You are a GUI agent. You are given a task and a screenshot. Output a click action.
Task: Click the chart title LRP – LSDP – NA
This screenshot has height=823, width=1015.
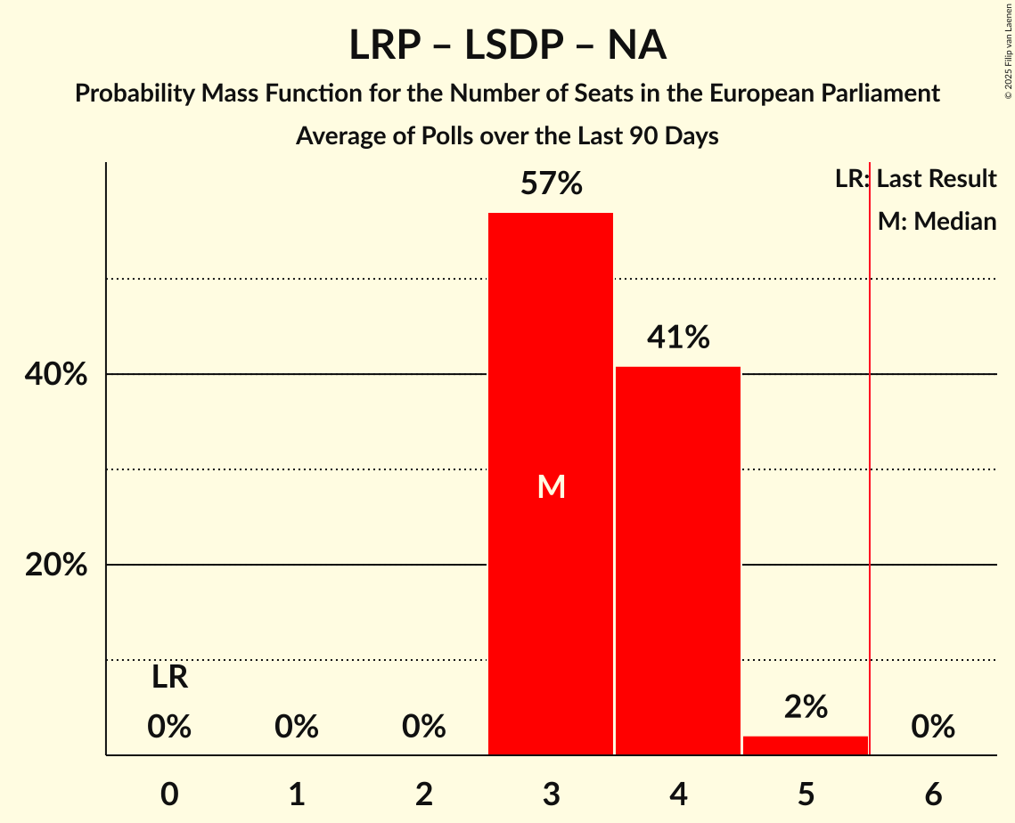tap(507, 45)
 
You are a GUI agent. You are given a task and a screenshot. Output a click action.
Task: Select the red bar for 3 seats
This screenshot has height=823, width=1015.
tap(551, 374)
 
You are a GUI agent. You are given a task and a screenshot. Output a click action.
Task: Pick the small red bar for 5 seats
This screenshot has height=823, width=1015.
tap(806, 746)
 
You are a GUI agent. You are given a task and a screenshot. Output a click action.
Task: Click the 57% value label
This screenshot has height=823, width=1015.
tap(551, 184)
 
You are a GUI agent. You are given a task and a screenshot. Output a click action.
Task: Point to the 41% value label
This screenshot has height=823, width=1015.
tap(678, 338)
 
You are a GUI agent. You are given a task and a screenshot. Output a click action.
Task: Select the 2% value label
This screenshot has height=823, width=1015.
tap(806, 707)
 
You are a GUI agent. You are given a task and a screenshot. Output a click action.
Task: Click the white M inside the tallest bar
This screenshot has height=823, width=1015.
tap(552, 486)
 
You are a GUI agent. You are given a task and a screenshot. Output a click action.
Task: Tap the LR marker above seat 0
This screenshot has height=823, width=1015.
tap(169, 678)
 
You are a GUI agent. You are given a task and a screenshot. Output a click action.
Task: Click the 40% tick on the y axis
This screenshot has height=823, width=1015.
tap(56, 375)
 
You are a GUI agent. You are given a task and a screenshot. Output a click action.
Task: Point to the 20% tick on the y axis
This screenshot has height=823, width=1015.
tap(56, 566)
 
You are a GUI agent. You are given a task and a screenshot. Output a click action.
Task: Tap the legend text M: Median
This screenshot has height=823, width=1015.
tap(937, 221)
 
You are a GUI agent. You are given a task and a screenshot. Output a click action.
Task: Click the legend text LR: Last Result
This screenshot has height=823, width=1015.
tap(915, 179)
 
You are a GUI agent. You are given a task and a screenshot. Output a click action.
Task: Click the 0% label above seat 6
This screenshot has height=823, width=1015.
tap(933, 728)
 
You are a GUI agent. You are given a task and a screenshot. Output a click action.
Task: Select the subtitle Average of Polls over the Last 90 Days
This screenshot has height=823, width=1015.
tap(507, 136)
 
